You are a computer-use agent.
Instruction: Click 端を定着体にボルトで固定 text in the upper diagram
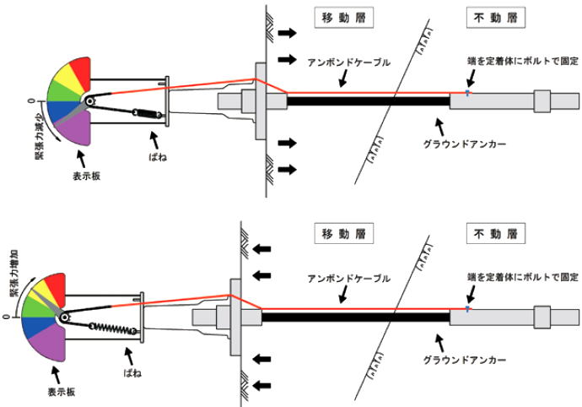(523, 62)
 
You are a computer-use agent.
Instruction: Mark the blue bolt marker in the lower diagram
(468, 308)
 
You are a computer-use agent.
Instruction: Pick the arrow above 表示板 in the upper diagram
(81, 156)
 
